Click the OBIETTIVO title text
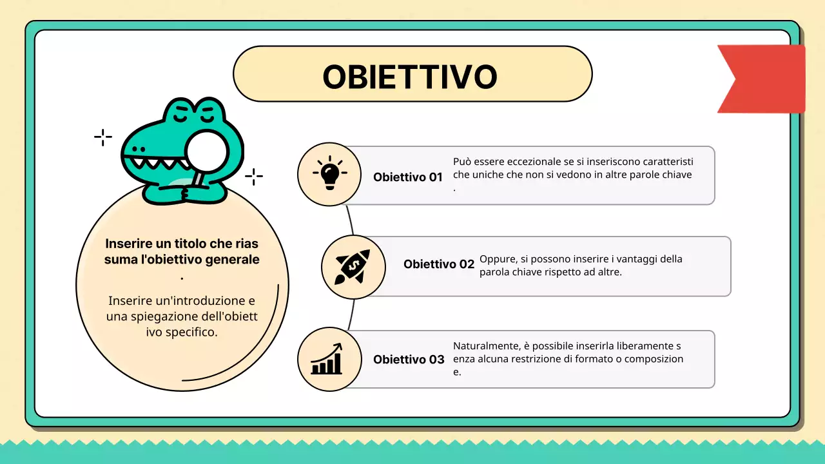410,76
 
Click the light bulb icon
329,173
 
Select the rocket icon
353,267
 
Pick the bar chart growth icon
327,360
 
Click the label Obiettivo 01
407,177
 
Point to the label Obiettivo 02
438,264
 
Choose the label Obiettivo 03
408,360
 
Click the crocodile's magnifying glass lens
206,151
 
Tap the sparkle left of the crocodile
103,137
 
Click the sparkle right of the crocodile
254,176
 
